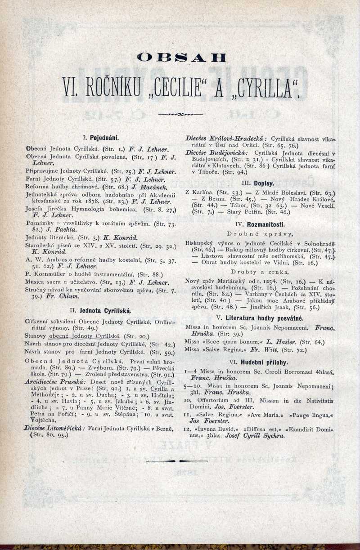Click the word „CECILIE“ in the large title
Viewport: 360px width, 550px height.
180,88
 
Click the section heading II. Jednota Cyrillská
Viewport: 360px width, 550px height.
99,310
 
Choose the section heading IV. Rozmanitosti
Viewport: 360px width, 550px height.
258,224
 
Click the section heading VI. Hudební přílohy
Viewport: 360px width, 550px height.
258,362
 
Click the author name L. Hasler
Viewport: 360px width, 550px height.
274,342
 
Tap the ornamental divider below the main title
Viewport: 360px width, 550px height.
180,115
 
